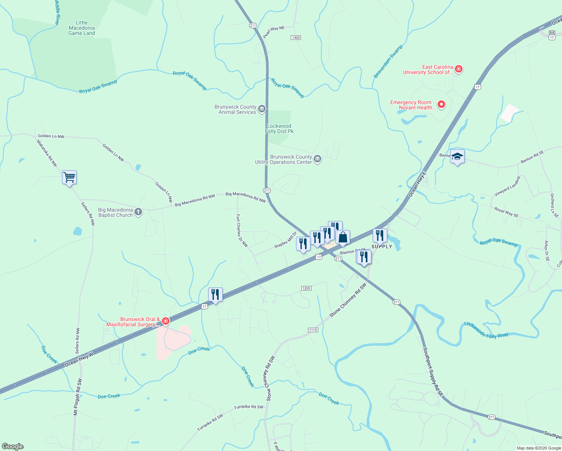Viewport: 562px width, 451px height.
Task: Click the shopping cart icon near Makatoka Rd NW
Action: [x=69, y=177]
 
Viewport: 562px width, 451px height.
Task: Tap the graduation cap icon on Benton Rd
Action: [x=457, y=156]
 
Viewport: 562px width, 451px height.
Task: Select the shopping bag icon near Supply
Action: [x=343, y=237]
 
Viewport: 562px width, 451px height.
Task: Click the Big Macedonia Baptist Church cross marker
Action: [x=138, y=212]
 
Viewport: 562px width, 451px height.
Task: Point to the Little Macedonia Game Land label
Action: [x=82, y=28]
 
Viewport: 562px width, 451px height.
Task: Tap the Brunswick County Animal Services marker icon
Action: [x=262, y=109]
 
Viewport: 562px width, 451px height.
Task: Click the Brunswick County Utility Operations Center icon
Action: [x=317, y=159]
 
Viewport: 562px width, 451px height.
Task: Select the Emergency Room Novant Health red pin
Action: [x=441, y=104]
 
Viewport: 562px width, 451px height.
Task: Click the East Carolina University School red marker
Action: [x=458, y=69]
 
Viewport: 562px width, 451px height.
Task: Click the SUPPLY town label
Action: [x=382, y=247]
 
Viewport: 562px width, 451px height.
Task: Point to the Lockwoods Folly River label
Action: [x=486, y=330]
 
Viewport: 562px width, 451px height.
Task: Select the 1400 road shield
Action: [x=296, y=38]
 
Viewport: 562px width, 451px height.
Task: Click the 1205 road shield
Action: [x=306, y=288]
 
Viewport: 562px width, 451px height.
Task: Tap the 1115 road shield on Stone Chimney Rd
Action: [x=313, y=330]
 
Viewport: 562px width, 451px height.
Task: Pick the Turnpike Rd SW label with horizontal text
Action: [x=249, y=407]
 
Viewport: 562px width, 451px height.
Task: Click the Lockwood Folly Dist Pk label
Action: [x=279, y=129]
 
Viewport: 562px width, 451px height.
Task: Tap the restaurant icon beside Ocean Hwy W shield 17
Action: [x=215, y=294]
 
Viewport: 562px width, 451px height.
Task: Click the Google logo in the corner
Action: [x=12, y=446]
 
